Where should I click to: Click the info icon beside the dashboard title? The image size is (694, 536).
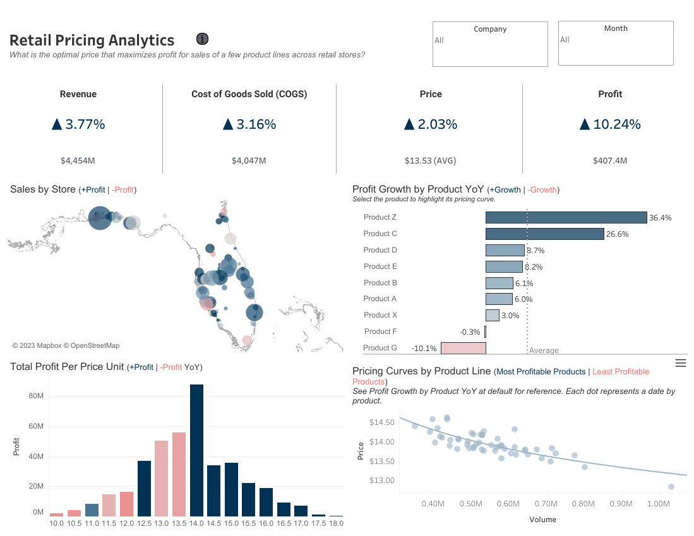pyautogui.click(x=202, y=39)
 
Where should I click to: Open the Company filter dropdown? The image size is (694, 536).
pyautogui.click(x=490, y=44)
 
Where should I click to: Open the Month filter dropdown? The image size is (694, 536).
pyautogui.click(x=615, y=44)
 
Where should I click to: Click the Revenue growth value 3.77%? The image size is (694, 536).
pyautogui.click(x=78, y=124)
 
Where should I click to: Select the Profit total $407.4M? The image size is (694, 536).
pyautogui.click(x=610, y=161)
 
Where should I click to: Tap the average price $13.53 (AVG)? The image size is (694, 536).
pyautogui.click(x=431, y=161)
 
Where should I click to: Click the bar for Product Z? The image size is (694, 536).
pyautogui.click(x=566, y=217)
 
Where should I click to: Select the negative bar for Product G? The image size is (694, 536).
pyautogui.click(x=463, y=348)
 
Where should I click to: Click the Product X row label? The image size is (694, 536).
pyautogui.click(x=380, y=315)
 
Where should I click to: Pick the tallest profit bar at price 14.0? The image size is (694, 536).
pyautogui.click(x=196, y=450)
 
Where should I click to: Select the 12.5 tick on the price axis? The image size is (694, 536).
pyautogui.click(x=144, y=524)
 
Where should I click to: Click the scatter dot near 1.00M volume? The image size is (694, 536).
pyautogui.click(x=671, y=487)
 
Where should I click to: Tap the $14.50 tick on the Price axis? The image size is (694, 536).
pyautogui.click(x=381, y=422)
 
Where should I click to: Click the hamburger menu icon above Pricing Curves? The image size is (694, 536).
pyautogui.click(x=680, y=362)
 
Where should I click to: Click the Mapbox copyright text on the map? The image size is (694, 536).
pyautogui.click(x=66, y=345)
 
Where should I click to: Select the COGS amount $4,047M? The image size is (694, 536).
pyautogui.click(x=249, y=161)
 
